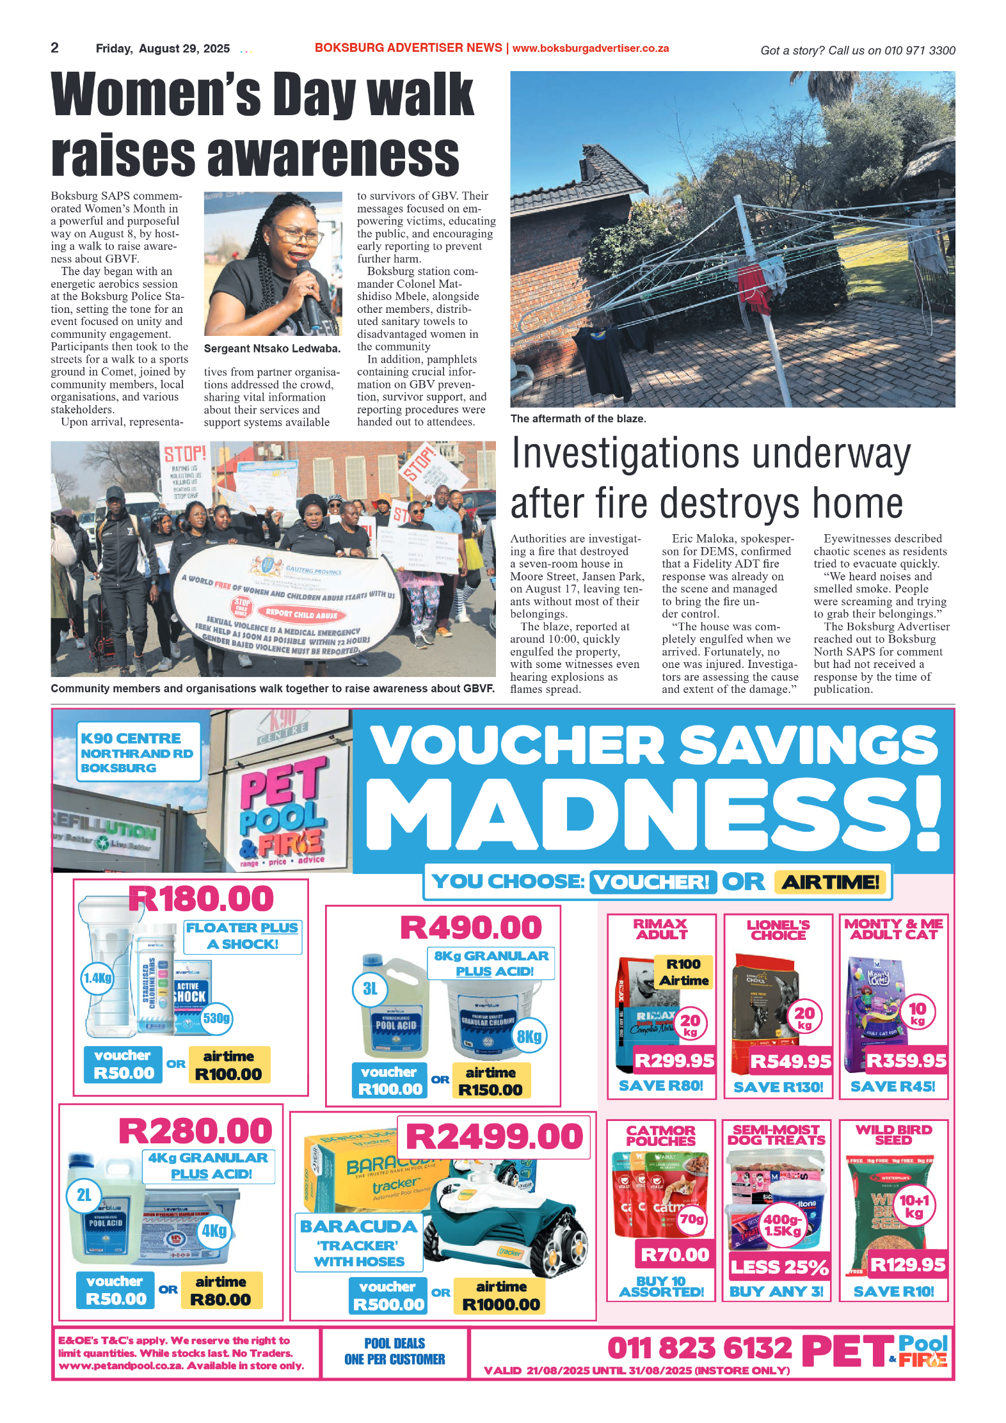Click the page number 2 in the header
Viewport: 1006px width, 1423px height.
tap(54, 48)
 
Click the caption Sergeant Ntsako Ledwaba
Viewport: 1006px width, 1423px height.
tap(272, 349)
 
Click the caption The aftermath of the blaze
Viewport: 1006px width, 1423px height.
tap(578, 418)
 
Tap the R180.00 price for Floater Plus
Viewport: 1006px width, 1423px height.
tap(201, 898)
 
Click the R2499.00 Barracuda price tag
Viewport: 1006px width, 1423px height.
tap(494, 1136)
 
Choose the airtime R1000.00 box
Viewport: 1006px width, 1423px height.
tap(500, 1296)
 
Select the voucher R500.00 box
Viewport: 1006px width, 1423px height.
tap(388, 1296)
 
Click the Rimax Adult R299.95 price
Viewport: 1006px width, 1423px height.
tap(674, 1061)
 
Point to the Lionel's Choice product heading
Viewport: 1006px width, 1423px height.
tap(778, 930)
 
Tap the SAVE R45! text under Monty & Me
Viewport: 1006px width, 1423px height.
tap(893, 1086)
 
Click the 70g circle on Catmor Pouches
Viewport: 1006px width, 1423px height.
tap(691, 1219)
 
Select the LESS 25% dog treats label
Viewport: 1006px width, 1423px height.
tap(779, 1267)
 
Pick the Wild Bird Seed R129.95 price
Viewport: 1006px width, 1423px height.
tap(907, 1264)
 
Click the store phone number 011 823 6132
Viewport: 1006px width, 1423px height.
tap(699, 1347)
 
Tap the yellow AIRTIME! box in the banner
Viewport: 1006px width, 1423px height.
tap(830, 882)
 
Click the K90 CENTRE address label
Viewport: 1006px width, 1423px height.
tap(138, 752)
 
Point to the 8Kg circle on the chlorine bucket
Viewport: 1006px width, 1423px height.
tap(529, 1036)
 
